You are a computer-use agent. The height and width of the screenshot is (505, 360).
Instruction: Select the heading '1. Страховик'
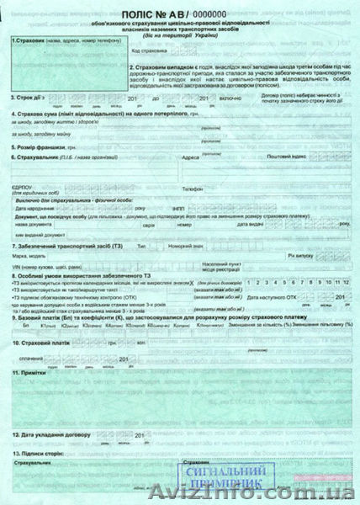click(x=29, y=40)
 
